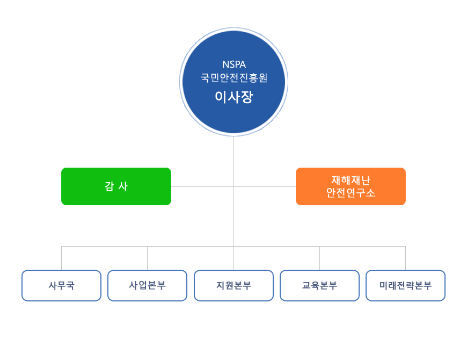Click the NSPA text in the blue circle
coord(233,64)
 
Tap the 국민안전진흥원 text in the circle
coord(233,77)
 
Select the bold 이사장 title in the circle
coord(233,97)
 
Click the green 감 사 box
coord(116,186)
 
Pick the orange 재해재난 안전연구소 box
coord(351,186)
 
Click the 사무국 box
coord(61,285)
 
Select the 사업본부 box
coord(147,285)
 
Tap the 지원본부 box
coord(233,285)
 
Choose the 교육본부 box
coord(319,285)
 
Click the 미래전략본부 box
coord(405,285)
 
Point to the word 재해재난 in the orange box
coord(351,181)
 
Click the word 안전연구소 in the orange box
coord(351,193)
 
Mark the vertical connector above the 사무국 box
coord(61,258)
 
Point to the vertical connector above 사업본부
coord(147,258)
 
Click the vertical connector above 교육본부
coord(319,258)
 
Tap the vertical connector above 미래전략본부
coord(405,258)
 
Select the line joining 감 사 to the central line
coord(202,186)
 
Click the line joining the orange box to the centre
coord(265,186)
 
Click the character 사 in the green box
coord(123,186)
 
